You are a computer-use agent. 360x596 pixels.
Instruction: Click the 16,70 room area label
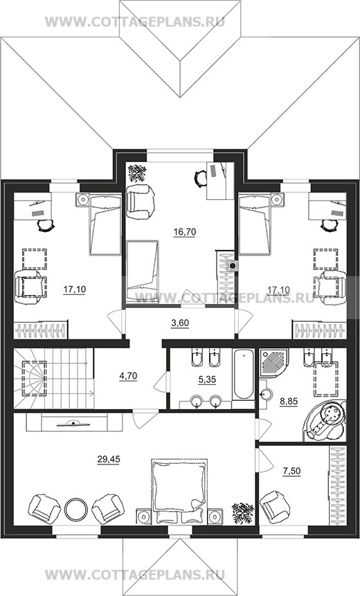[185, 231]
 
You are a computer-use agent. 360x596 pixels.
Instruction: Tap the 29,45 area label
[109, 459]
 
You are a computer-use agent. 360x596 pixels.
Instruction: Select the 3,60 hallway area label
[180, 323]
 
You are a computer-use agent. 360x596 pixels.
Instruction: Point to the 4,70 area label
[128, 377]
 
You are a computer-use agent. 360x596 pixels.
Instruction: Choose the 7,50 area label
[291, 471]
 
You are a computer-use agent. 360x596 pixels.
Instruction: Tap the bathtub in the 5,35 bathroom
[243, 374]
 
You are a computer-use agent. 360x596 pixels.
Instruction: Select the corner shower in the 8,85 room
[274, 363]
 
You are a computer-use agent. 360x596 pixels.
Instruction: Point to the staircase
[53, 379]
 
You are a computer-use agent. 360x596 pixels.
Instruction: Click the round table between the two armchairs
[76, 509]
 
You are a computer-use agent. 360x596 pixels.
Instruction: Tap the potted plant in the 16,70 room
[137, 173]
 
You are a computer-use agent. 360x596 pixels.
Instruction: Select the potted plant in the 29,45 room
[243, 513]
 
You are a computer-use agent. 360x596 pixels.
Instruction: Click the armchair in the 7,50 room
[275, 507]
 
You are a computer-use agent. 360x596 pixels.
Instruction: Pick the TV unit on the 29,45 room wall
[74, 423]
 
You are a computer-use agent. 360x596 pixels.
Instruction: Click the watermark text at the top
[135, 21]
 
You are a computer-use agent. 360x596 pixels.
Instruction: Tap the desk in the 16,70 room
[220, 181]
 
